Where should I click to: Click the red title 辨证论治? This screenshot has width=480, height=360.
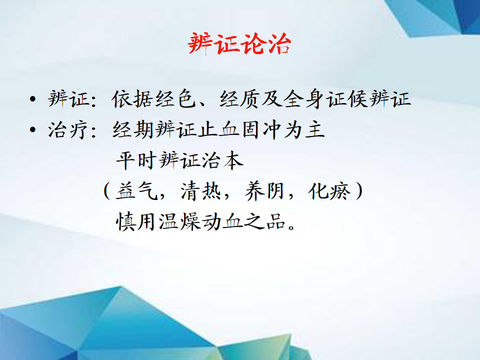click(x=239, y=44)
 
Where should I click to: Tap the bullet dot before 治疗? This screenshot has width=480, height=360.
click(x=33, y=129)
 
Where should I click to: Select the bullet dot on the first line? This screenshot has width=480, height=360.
click(x=33, y=99)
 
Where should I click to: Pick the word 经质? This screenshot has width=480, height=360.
click(x=239, y=99)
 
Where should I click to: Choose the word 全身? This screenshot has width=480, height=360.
click(x=303, y=99)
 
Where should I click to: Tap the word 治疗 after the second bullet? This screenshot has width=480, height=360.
click(x=68, y=130)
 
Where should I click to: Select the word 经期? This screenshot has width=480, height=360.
click(x=133, y=130)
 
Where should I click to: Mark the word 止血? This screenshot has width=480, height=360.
click(x=219, y=130)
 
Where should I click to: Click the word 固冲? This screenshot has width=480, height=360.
click(x=261, y=130)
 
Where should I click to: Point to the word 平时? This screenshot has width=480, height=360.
click(x=136, y=160)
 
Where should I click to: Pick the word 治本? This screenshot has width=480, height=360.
click(x=222, y=160)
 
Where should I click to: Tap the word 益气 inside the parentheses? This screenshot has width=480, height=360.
click(x=136, y=191)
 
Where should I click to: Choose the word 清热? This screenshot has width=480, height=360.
click(x=201, y=191)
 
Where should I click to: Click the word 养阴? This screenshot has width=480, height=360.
click(x=264, y=191)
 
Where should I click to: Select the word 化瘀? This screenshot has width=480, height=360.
click(x=329, y=191)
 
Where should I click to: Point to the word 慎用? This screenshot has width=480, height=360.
click(x=136, y=221)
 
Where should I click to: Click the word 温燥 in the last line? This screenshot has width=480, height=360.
click(x=179, y=221)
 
